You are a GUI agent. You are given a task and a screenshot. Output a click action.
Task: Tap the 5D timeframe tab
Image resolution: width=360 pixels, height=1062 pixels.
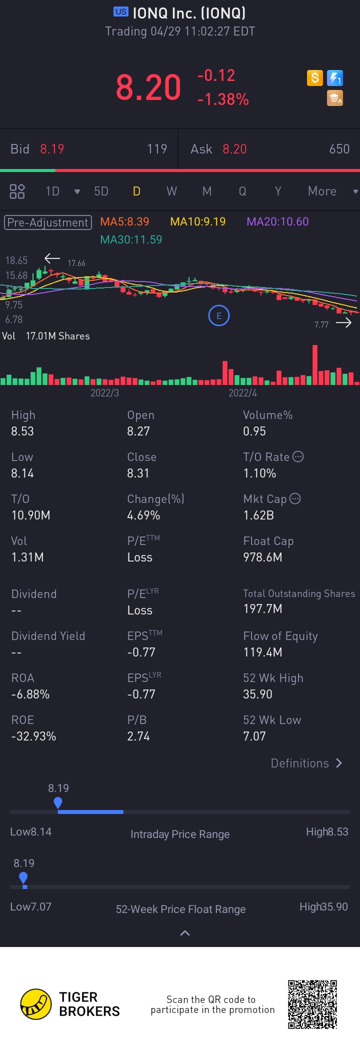coord(101,191)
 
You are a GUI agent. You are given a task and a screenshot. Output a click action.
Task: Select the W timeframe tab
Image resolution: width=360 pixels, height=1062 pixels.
coord(171,191)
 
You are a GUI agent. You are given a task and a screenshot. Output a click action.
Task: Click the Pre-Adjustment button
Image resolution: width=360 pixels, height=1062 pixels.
coord(48,222)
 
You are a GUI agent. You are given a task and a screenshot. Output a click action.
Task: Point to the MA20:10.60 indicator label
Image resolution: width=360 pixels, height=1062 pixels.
coord(277,221)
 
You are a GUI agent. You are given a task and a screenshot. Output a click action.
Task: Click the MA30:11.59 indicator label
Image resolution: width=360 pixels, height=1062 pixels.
coord(131,239)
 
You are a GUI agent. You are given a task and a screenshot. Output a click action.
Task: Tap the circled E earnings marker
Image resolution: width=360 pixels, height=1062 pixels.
coord(218,315)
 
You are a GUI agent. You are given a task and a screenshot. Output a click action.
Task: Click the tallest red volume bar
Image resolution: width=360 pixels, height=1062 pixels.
coord(315,364)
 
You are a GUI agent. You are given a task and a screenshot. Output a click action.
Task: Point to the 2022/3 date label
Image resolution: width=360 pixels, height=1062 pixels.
coord(104,393)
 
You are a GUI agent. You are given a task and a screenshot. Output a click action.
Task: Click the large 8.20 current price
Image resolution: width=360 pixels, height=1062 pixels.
coord(148,87)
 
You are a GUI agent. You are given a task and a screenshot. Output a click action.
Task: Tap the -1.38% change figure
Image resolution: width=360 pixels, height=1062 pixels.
coord(223,99)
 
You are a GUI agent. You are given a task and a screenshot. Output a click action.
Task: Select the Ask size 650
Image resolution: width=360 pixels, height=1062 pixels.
coord(339,149)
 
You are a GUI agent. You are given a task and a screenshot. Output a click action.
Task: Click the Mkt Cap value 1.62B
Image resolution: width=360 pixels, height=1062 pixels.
coord(258,515)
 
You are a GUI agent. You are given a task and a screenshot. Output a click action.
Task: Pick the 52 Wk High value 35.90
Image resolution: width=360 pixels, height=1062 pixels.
coord(257,694)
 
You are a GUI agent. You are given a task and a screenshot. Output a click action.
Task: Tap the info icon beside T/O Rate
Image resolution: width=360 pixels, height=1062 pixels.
coord(298,456)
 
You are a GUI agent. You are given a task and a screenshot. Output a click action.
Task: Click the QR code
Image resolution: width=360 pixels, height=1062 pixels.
coord(312,1004)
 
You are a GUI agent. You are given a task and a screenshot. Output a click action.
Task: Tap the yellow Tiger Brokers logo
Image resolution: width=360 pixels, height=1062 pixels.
coord(36,1004)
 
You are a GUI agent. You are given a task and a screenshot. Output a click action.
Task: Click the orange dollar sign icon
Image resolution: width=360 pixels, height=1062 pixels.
coord(314,78)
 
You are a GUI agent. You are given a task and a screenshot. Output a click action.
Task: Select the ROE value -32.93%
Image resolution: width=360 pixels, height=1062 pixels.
coord(33,736)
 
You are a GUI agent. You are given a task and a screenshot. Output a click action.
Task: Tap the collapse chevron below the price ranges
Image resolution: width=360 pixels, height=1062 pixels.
coord(184,933)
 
